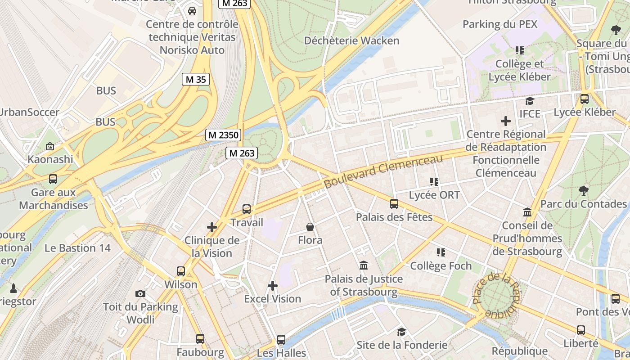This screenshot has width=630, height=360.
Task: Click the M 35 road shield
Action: click(196, 80)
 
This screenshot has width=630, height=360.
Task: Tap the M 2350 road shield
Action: click(223, 135)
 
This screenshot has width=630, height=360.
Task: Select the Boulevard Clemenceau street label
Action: click(383, 171)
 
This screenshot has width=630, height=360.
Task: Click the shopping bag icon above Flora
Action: click(310, 227)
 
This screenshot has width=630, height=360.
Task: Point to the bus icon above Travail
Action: click(247, 209)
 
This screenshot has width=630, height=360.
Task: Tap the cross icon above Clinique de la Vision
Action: click(212, 227)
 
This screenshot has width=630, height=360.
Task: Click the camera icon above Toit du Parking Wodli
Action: click(140, 294)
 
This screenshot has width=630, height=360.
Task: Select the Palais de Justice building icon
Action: click(364, 265)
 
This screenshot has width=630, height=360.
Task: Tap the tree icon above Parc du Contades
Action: click(584, 190)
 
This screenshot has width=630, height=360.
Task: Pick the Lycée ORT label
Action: click(434, 195)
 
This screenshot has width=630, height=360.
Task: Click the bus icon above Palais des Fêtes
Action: click(394, 204)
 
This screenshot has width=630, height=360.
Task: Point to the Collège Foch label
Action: click(441, 266)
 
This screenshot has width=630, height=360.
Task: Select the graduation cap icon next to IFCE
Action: click(530, 101)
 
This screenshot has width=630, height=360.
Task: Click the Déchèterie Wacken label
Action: click(351, 40)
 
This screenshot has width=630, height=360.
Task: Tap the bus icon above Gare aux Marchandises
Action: click(53, 179)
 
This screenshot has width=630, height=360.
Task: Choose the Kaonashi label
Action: click(50, 159)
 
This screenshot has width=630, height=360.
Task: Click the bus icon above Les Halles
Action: click(281, 340)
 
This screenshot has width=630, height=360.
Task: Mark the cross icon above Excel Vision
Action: click(273, 286)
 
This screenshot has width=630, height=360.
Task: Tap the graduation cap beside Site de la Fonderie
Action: click(401, 332)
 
